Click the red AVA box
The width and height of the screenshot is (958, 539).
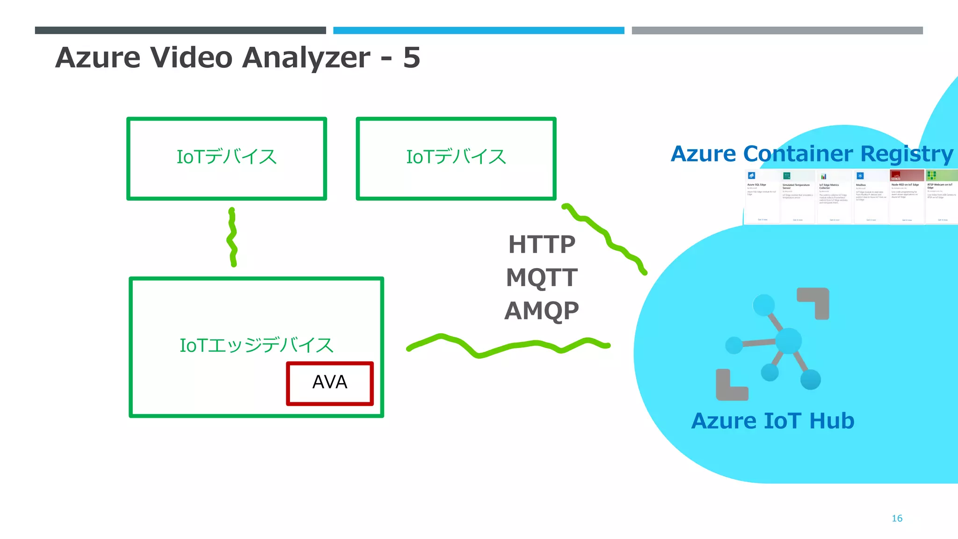[x=330, y=383]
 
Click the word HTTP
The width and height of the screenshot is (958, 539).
[x=542, y=245]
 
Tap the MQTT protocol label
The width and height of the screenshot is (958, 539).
[x=542, y=277]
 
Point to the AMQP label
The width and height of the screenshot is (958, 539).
[x=542, y=311]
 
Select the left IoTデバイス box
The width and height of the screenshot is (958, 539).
[x=226, y=158]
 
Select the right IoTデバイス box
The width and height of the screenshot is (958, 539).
[x=456, y=158]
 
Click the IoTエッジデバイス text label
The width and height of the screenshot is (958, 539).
[x=256, y=345]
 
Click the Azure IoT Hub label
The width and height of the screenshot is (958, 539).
[x=773, y=421]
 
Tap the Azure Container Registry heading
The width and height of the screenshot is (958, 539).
[x=812, y=153]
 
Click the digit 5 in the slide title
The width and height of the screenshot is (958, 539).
[x=412, y=58]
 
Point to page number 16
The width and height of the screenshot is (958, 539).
[x=897, y=518]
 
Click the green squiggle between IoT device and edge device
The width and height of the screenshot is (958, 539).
[x=232, y=238]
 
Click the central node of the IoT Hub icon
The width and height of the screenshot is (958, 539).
[x=789, y=341]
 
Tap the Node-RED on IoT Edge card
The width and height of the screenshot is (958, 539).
[x=907, y=197]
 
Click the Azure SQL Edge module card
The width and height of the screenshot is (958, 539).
[x=762, y=197]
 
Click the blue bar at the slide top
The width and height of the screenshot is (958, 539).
[x=479, y=30]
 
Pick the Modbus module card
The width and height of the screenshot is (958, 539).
[x=871, y=197]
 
